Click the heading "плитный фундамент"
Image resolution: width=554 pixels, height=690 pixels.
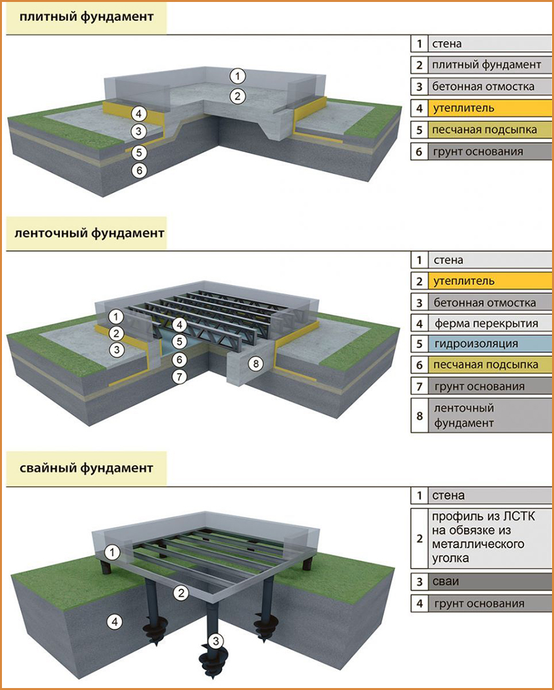click(x=87, y=17)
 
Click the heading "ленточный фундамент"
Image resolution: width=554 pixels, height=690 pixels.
click(x=87, y=233)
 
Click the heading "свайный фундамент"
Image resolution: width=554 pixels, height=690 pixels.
click(x=87, y=468)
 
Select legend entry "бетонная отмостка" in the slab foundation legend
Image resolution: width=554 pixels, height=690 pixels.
click(x=482, y=86)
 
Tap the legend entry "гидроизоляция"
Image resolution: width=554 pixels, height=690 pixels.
click(x=474, y=344)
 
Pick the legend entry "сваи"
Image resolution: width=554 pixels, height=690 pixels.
click(x=446, y=581)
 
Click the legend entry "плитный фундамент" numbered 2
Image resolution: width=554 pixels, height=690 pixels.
click(x=486, y=65)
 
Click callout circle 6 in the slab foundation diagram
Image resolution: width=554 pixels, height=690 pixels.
click(x=138, y=171)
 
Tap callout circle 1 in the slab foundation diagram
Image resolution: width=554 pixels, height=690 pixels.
click(x=239, y=76)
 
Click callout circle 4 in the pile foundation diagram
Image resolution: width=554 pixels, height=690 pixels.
click(x=115, y=622)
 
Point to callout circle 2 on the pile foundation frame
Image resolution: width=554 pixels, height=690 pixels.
click(x=182, y=592)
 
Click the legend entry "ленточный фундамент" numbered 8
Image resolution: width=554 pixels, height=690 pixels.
click(x=463, y=416)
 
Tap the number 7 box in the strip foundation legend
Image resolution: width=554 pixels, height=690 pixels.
click(x=420, y=387)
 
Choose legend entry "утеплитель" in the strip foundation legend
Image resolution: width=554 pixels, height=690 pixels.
click(x=463, y=281)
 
